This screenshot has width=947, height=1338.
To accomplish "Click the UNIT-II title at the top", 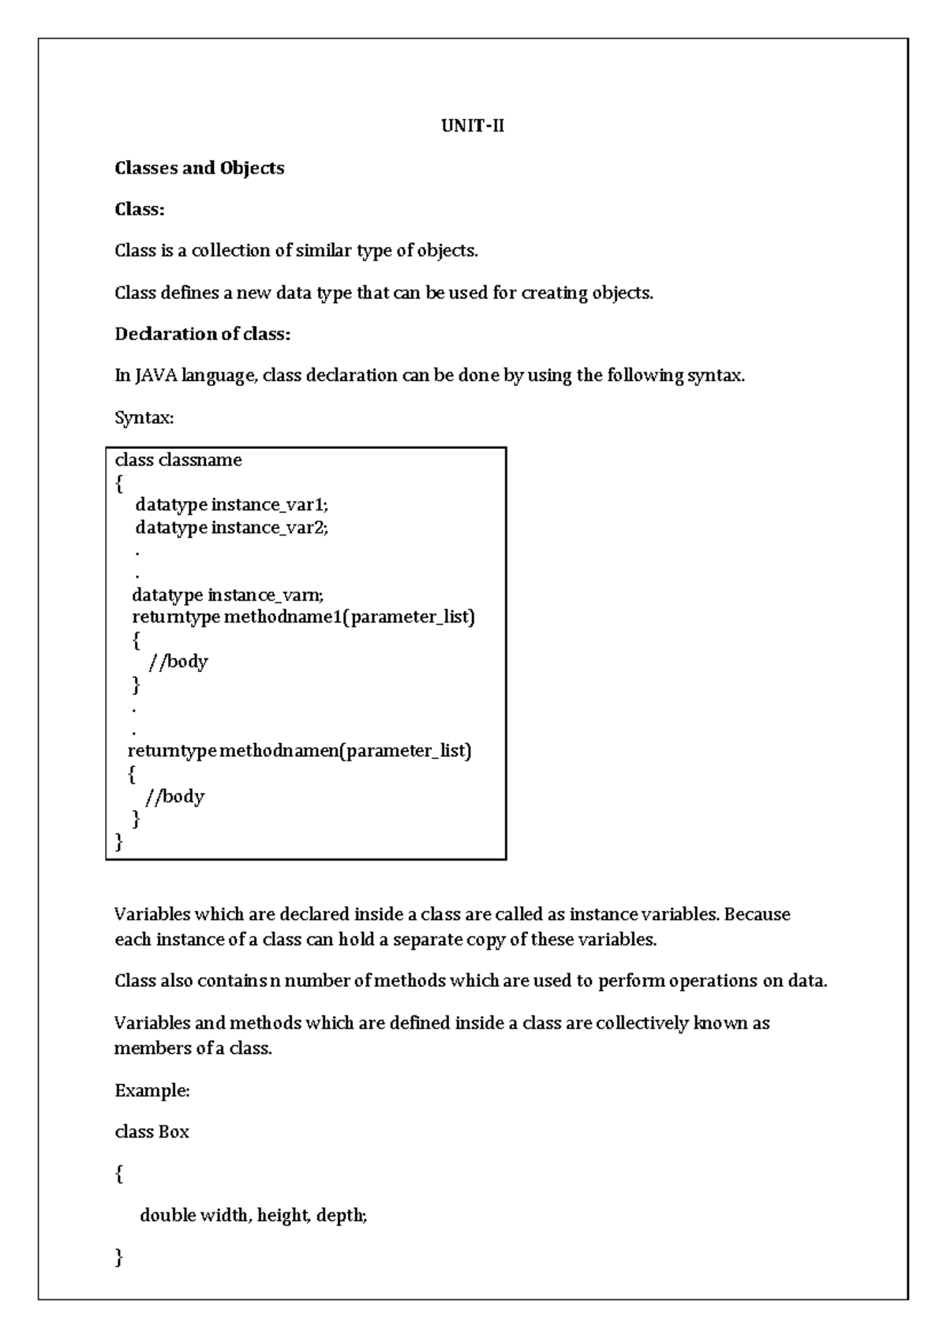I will pos(472,126).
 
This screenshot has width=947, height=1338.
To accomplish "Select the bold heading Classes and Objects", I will pos(199,168).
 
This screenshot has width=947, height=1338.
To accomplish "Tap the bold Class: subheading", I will pos(139,209).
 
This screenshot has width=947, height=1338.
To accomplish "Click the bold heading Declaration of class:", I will pos(203,334).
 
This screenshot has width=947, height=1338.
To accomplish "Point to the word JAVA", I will pos(156,376).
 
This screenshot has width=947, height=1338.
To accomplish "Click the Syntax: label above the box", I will pos(144,417).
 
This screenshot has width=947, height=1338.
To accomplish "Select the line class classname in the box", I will pos(178,460).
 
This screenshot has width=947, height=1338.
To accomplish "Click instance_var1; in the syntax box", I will pos(269,504).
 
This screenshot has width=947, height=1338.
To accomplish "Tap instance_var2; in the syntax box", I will pos(269,527).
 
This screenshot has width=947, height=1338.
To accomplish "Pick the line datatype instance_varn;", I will pos(228,594).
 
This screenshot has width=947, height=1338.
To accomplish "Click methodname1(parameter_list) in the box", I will pos(350,616).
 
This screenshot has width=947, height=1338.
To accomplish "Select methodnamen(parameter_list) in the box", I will pos(345,750).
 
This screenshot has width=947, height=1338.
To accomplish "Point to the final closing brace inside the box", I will pos(119,843).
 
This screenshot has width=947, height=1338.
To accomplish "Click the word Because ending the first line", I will pos(757,914).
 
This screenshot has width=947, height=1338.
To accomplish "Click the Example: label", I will pos(152,1090).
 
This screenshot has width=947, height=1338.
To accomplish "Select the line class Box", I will pos(152,1132).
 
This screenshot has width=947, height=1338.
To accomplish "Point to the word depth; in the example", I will pos(342,1216).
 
